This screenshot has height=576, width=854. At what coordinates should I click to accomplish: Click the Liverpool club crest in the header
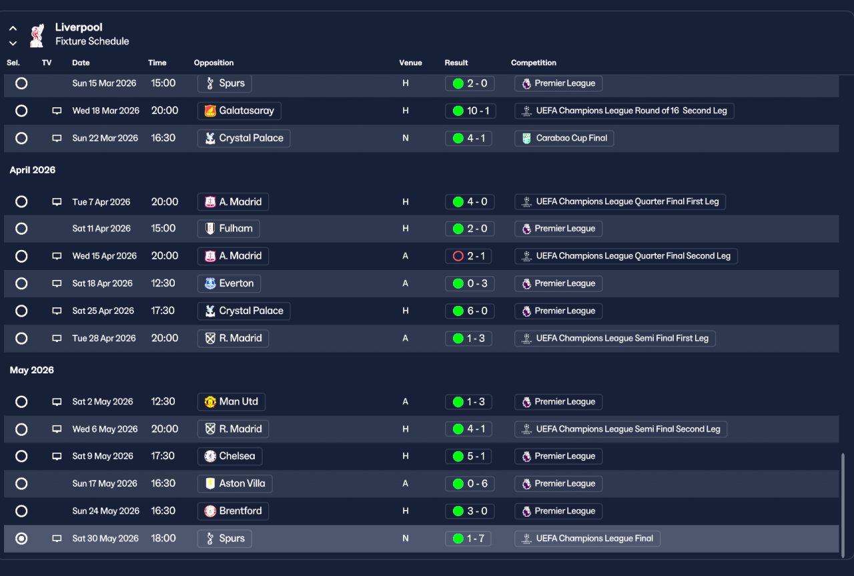(37, 35)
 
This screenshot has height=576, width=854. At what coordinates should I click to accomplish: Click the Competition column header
(533, 63)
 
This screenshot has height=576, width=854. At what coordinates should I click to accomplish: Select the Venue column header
(410, 63)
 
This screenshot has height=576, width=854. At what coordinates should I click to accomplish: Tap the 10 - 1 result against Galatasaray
(470, 111)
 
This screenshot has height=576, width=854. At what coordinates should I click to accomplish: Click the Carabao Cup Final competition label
(564, 138)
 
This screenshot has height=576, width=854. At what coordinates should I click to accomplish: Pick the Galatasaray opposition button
(239, 111)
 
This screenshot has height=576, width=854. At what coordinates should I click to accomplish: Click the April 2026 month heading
(33, 170)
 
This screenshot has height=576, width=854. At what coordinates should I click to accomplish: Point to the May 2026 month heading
(31, 370)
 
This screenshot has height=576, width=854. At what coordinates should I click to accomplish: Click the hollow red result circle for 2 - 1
(458, 256)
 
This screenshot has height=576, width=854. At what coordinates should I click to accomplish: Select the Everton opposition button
(229, 283)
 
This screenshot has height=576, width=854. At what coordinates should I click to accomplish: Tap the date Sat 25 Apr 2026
(103, 311)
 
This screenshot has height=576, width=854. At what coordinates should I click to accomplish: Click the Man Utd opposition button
(231, 401)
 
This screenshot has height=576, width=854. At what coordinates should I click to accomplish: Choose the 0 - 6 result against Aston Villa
(470, 484)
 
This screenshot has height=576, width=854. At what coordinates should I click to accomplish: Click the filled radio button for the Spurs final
(21, 538)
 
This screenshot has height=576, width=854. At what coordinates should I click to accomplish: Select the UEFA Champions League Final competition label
(587, 539)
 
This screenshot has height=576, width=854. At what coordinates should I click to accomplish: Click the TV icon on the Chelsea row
(57, 457)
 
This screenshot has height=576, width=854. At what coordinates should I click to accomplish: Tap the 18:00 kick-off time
(163, 538)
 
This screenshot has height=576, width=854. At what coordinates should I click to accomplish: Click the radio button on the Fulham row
(21, 229)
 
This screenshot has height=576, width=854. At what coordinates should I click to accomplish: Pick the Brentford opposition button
(233, 511)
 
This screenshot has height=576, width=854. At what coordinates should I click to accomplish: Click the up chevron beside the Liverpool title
(13, 28)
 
